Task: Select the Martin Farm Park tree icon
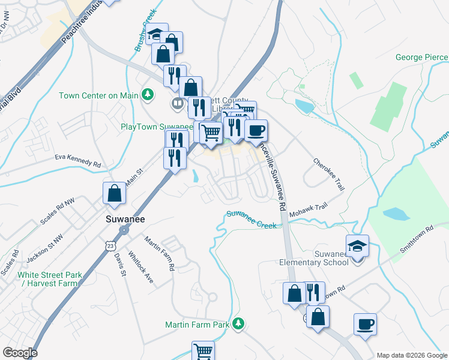(x=239, y=324)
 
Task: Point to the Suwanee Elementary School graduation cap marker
(x=357, y=246)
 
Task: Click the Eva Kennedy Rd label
(x=77, y=161)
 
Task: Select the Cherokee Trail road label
(x=328, y=175)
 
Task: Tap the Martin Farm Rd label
(x=158, y=253)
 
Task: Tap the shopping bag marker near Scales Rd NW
(x=114, y=194)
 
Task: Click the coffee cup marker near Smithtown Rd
(x=365, y=325)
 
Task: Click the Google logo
(x=20, y=353)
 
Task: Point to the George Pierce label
(x=421, y=58)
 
